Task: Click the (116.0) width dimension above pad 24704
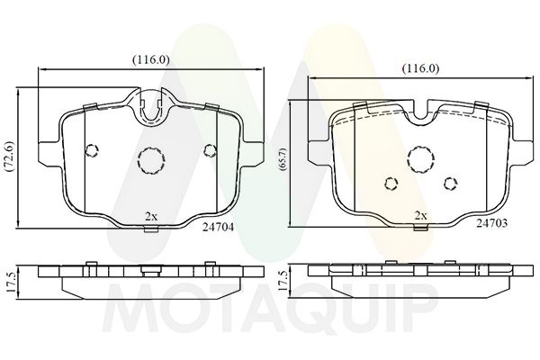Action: [150, 59]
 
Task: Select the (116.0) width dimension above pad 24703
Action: [419, 68]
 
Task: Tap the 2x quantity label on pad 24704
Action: [151, 216]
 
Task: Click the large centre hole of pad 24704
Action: [149, 161]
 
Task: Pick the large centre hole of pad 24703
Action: [419, 159]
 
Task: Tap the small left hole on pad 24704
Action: [90, 150]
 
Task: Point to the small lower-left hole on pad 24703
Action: [391, 184]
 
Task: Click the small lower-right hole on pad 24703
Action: [449, 184]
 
